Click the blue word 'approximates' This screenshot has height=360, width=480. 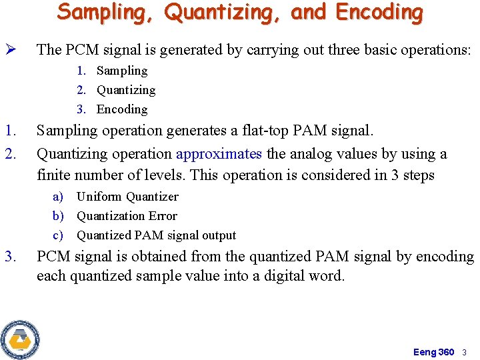[x=219, y=154]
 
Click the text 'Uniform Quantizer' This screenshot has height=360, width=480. [x=127, y=197]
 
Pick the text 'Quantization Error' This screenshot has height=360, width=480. [x=127, y=216]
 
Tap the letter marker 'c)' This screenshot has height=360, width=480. [x=59, y=235]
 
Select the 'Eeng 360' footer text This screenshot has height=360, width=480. [x=433, y=352]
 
